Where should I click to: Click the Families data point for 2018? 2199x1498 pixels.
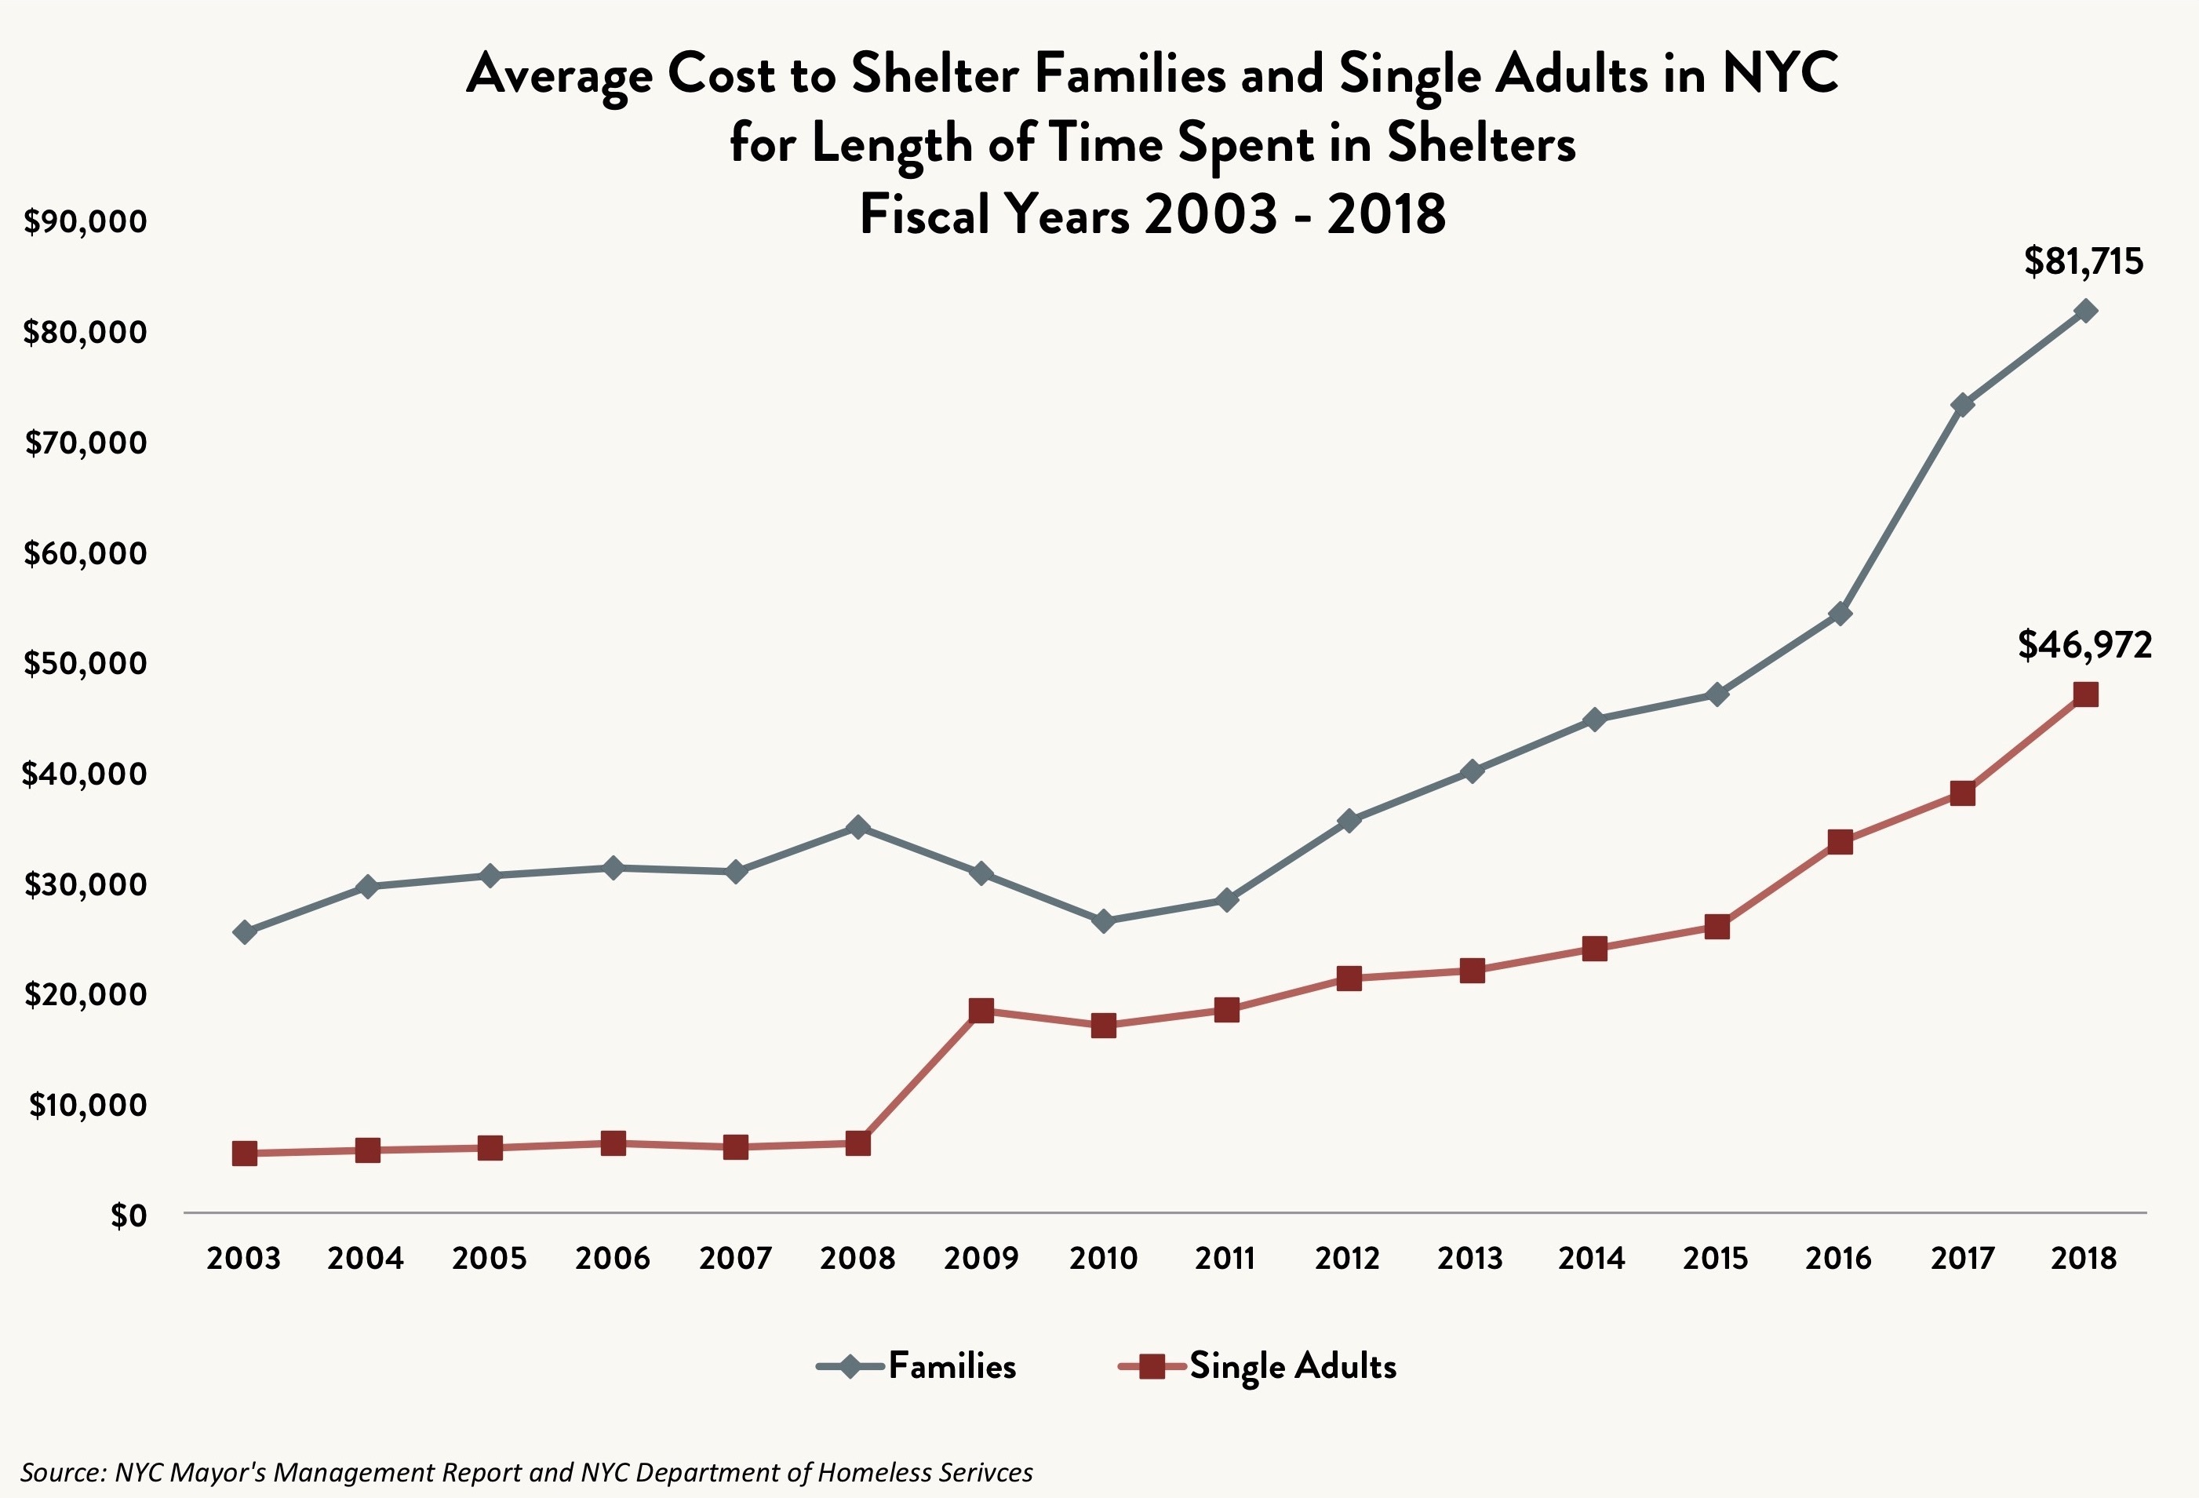[2084, 312]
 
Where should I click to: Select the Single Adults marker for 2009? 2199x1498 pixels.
[981, 1011]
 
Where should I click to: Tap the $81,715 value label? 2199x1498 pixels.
[2084, 261]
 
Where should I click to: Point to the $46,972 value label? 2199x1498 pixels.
[2084, 645]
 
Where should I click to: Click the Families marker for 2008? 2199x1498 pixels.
[858, 828]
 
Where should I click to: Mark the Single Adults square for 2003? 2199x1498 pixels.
[245, 1154]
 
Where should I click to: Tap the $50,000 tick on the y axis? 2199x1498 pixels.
[86, 663]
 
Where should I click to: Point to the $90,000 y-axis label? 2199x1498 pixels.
[86, 221]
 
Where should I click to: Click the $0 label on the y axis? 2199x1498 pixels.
[129, 1215]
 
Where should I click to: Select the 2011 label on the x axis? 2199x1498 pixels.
[1225, 1259]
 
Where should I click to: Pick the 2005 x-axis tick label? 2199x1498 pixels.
[490, 1259]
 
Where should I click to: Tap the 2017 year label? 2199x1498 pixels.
[1961, 1259]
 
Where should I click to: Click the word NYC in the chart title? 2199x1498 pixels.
[1780, 74]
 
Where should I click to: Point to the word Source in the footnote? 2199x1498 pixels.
[60, 1472]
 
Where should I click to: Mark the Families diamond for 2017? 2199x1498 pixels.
[1962, 405]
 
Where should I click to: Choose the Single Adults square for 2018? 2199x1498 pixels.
[2084, 694]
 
